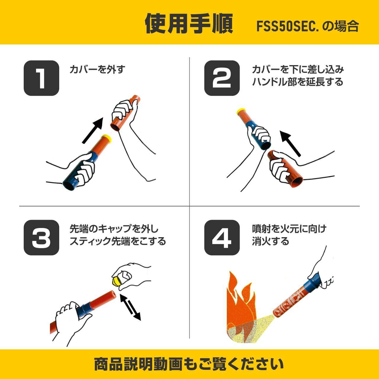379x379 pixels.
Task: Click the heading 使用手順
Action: pos(189,24)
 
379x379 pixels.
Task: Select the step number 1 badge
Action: pos(41,78)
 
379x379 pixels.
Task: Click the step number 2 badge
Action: pos(222,78)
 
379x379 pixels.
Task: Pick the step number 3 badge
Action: pos(41,237)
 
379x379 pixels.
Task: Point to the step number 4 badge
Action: pos(222,237)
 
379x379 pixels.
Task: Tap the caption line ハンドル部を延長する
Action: pos(298,82)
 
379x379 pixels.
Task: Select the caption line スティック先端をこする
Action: pos(118,241)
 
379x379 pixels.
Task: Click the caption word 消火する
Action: pos(270,241)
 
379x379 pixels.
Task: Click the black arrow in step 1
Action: pos(92,130)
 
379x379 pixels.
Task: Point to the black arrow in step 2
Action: pos(290,144)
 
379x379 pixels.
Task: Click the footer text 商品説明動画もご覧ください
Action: pos(189,364)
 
